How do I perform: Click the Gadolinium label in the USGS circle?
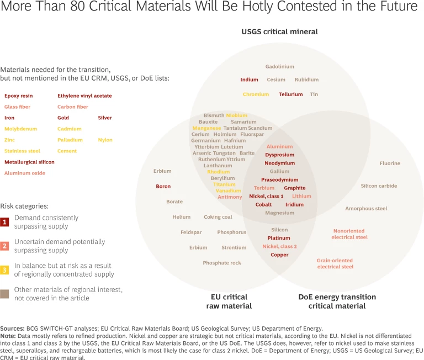(279, 67)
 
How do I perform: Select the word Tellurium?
(290, 94)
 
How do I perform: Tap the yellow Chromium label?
(256, 94)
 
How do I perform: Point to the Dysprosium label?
(279, 155)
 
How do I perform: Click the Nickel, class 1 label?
(266, 196)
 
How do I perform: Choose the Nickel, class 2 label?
(279, 246)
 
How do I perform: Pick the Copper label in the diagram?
(279, 255)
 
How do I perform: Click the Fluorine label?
(390, 163)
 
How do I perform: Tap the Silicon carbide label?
(379, 186)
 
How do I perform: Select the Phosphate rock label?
(222, 263)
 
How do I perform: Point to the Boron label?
(163, 187)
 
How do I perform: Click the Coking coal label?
(218, 217)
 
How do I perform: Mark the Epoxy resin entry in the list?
(18, 96)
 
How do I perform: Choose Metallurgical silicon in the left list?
(29, 162)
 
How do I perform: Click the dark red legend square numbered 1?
(5, 222)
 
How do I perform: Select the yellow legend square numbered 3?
(5, 270)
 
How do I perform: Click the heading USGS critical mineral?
(279, 31)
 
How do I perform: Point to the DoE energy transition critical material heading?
(337, 301)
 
